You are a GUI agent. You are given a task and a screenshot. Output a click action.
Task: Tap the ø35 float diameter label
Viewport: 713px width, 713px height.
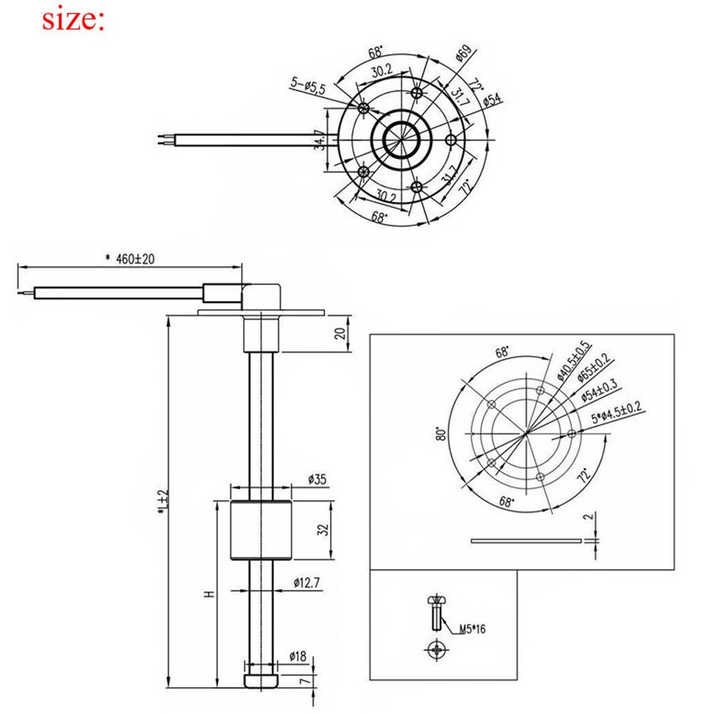click(x=317, y=479)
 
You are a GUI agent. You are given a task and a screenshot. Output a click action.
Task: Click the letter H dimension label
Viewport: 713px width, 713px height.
click(x=209, y=594)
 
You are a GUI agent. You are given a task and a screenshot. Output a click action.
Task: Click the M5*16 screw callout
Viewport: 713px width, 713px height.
click(x=472, y=629)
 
